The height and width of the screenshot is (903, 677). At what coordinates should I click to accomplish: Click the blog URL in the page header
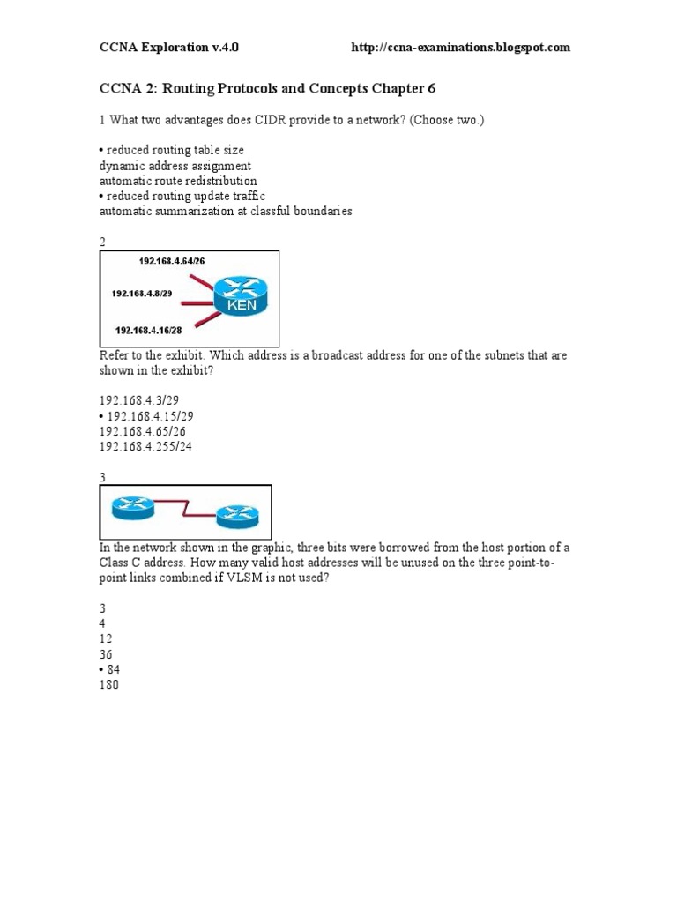tap(460, 48)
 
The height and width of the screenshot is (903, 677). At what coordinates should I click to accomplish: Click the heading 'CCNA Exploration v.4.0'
tap(168, 48)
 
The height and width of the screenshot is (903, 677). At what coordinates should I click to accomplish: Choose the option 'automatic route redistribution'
tap(178, 181)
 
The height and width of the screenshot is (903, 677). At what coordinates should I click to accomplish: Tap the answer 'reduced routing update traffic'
tap(185, 196)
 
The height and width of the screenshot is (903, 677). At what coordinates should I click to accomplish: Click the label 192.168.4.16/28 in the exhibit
tap(149, 330)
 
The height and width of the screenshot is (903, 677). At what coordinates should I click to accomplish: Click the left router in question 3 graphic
tap(132, 506)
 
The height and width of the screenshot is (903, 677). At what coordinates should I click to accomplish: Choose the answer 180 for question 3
tap(108, 684)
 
